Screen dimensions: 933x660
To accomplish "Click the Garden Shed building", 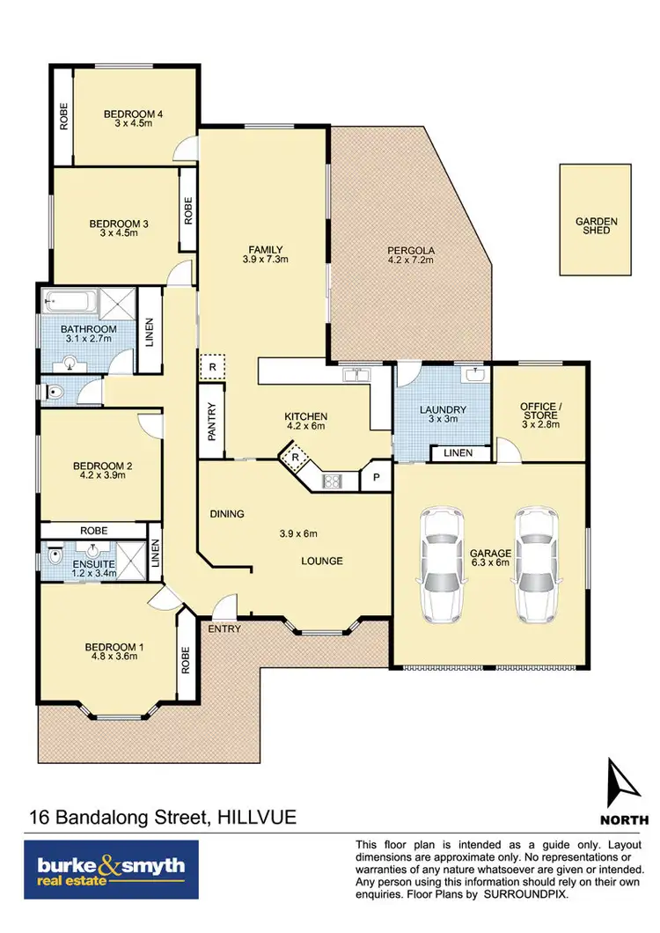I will [596, 217].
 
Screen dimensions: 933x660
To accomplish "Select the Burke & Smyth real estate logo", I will [112, 869].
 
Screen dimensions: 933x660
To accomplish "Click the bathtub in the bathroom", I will [71, 302].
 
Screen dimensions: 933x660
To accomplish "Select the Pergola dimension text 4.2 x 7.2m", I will [412, 260].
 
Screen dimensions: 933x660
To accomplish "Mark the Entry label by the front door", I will [224, 629].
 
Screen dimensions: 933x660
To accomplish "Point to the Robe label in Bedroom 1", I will [185, 659].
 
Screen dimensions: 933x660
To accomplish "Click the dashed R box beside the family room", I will [212, 366].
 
